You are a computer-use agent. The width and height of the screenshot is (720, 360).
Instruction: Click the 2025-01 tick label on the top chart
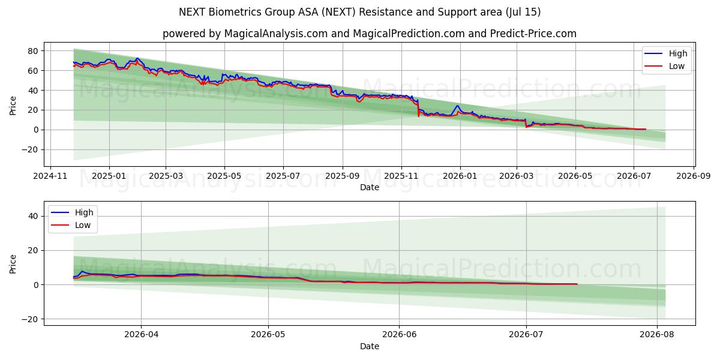pos(109,176)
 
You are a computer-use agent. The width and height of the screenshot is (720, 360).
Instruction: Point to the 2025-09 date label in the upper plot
pos(343,176)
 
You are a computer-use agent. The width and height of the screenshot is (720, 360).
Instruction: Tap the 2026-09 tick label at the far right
pos(694,176)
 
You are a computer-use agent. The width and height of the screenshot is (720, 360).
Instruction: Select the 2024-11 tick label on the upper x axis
pos(50,176)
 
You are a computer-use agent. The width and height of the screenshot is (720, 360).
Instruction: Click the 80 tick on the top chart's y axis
pos(33,51)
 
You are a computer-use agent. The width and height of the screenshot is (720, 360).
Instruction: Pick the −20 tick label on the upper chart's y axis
pos(30,150)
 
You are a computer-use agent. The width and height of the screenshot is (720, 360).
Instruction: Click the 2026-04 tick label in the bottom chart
pos(141,335)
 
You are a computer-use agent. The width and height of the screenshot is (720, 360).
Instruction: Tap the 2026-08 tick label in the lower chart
pos(656,335)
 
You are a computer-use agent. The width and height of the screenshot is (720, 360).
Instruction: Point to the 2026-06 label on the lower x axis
pos(399,335)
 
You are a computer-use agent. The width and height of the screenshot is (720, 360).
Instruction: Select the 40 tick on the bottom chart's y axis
pos(33,217)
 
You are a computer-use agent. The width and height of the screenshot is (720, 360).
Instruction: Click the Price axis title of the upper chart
pos(13,106)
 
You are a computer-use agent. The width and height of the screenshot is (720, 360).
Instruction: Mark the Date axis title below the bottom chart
pos(370,347)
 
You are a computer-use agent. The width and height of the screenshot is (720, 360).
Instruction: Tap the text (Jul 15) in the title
pos(523,12)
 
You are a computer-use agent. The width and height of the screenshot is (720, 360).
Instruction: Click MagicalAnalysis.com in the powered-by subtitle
pos(276,34)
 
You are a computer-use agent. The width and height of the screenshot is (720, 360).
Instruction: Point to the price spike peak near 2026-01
pos(457,106)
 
